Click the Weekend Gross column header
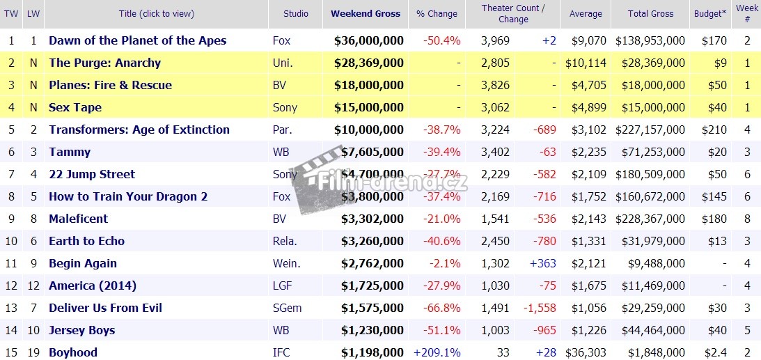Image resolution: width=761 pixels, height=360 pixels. [366, 14]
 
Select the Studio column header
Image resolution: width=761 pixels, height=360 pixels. [296, 14]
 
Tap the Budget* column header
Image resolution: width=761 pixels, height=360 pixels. [710, 14]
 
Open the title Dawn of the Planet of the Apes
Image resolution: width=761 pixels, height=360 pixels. [137, 40]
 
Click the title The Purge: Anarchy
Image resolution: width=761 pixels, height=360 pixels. [104, 63]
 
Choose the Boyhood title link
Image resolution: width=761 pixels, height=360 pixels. [73, 352]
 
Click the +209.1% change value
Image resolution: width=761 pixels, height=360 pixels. [437, 352]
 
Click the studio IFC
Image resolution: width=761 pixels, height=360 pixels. [281, 352]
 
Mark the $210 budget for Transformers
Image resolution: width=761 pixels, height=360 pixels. [715, 130]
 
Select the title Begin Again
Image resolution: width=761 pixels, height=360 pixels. [83, 263]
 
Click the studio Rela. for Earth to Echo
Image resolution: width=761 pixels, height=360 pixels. [285, 241]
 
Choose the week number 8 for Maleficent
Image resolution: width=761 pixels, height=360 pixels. [747, 219]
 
